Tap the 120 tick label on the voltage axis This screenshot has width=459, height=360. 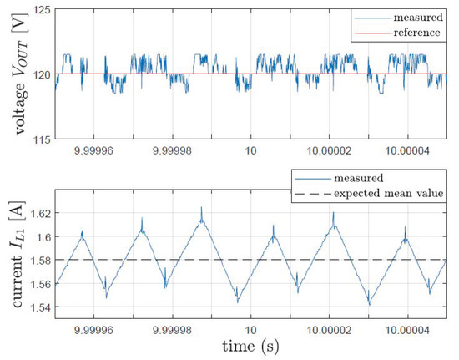[x=37, y=74]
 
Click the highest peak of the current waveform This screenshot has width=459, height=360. [x=201, y=208]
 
